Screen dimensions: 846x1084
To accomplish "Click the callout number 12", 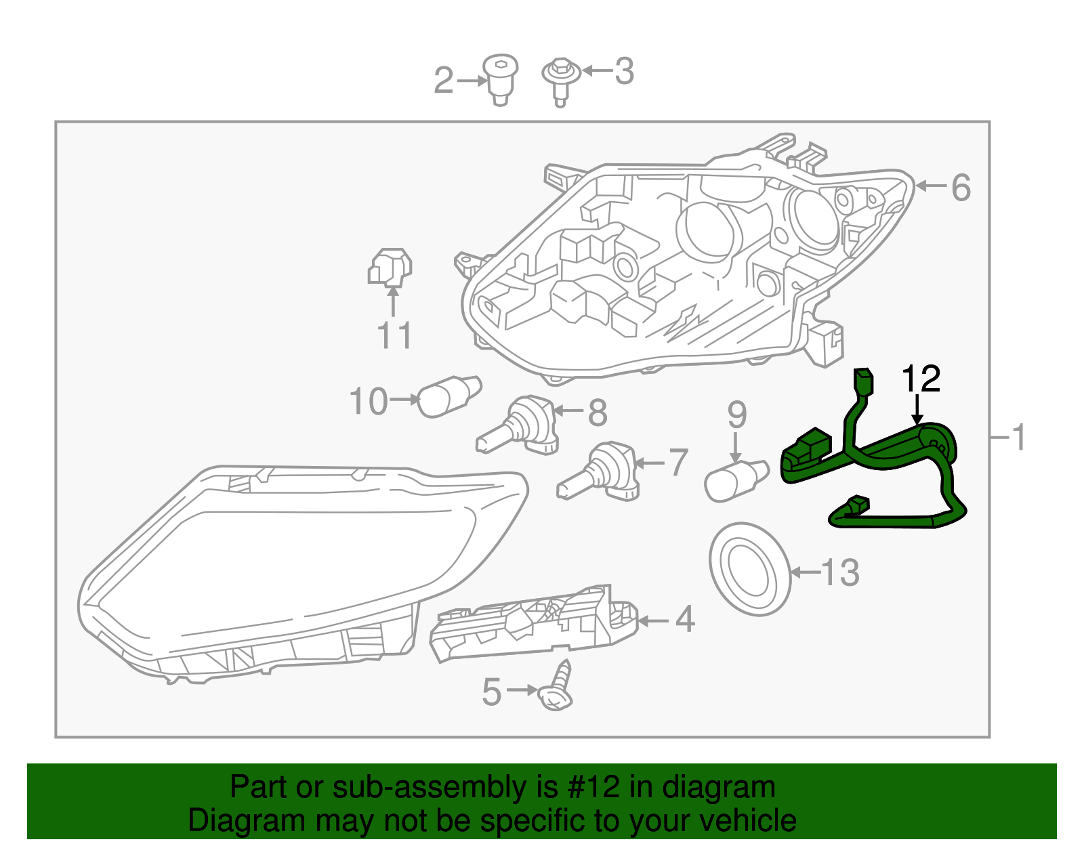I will pos(921,379).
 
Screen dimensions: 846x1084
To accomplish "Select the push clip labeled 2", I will pos(500,79).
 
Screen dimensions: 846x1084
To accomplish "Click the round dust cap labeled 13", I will pos(750,569).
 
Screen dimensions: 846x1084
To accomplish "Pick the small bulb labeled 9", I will pos(736,480).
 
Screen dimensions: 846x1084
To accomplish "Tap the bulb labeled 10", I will pos(448,397).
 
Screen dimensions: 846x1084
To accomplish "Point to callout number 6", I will pos(961,188).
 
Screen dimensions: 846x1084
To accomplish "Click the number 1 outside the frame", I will pos(1019,438).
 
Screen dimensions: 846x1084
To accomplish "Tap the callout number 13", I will pos(841,573).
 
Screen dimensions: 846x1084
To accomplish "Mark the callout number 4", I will pos(685,620).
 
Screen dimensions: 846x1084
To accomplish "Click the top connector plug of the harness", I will pos(863,382).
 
